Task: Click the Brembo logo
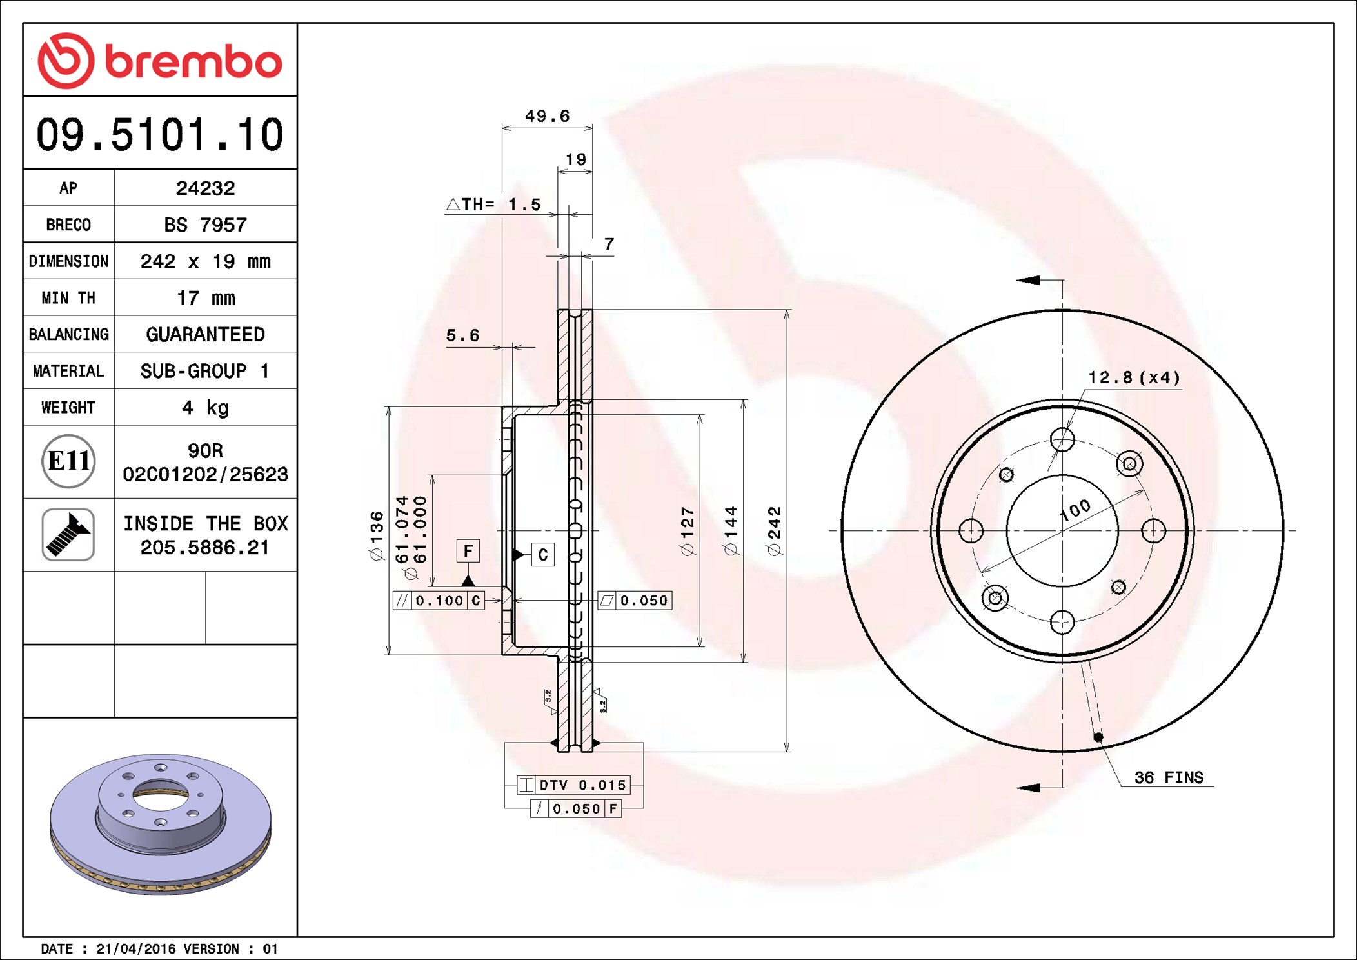[160, 61]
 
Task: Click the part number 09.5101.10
[159, 135]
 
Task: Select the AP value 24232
[205, 188]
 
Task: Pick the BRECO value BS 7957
[205, 225]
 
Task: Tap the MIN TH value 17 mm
[206, 298]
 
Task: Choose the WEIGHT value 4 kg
[205, 408]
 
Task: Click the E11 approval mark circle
[68, 461]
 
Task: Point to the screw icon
[68, 534]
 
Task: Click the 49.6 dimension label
[547, 116]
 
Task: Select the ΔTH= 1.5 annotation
[493, 205]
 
